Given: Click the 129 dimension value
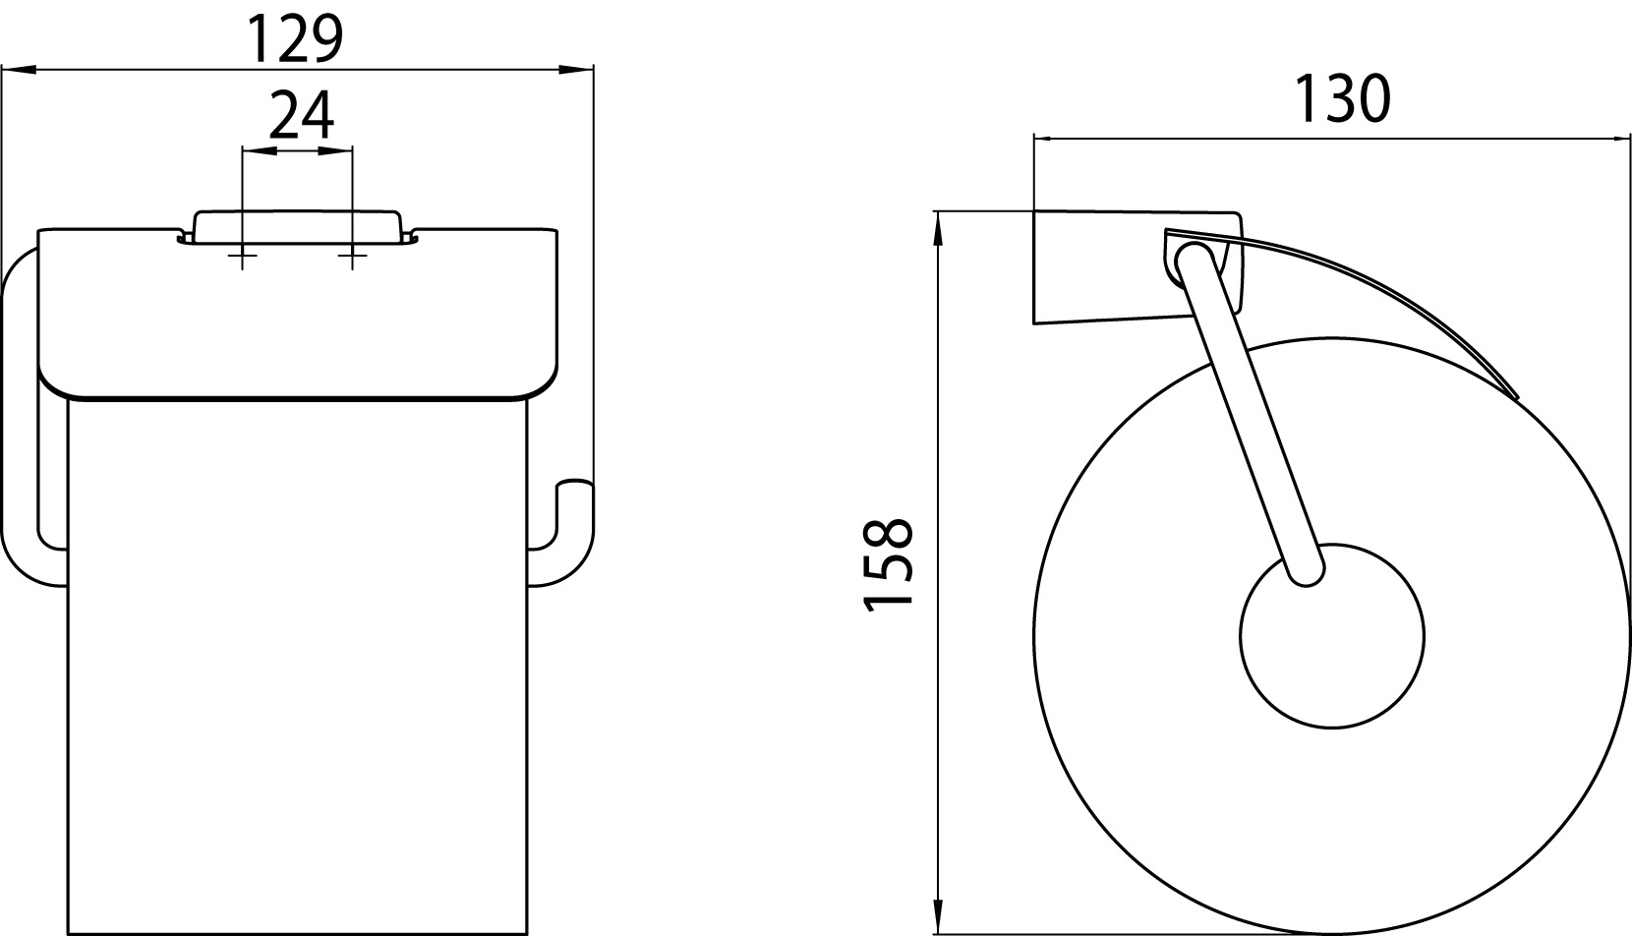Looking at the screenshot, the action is pos(296,39).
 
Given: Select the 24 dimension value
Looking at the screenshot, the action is pos(302,115).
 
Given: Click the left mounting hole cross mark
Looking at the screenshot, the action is pos(243,256).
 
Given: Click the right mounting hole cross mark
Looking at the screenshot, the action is pos(353,256).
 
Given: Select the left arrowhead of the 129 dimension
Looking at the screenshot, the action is pos(19,70).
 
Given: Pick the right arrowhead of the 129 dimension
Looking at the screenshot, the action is pos(575,70).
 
